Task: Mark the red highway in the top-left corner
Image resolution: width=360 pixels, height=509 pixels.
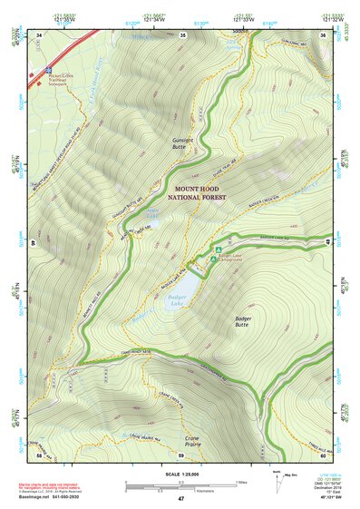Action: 59,54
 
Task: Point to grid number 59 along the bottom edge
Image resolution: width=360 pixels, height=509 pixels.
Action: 180,455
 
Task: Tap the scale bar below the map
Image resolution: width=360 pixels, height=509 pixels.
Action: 180,485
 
